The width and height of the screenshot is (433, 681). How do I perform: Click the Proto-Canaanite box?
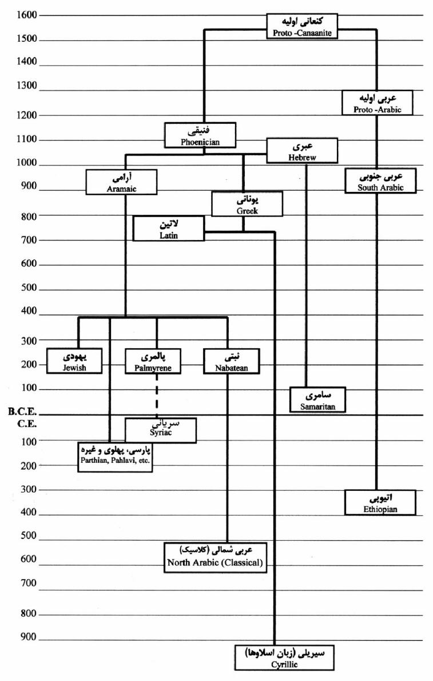pyautogui.click(x=302, y=26)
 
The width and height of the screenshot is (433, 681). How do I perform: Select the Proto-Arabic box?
pyautogui.click(x=377, y=103)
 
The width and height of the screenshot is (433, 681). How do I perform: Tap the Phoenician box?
pyautogui.click(x=200, y=135)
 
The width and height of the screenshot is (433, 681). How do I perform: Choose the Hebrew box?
pyautogui.click(x=302, y=151)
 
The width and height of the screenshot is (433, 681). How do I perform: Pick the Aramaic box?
pyautogui.click(x=121, y=182)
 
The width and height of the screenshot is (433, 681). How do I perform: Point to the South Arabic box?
pyautogui.click(x=380, y=180)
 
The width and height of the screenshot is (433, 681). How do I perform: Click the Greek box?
pyautogui.click(x=247, y=204)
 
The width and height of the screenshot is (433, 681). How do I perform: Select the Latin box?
pyautogui.click(x=168, y=229)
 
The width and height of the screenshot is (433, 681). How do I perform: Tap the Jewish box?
pyautogui.click(x=74, y=361)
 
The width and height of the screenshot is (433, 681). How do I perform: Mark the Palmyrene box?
pyautogui.click(x=153, y=361)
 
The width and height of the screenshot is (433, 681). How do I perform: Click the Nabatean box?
pyautogui.click(x=232, y=361)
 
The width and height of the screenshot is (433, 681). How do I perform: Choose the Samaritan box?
pyautogui.click(x=318, y=400)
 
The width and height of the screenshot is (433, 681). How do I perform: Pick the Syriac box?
pyautogui.click(x=161, y=430)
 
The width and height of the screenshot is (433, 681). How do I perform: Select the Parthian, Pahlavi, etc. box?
pyautogui.click(x=115, y=457)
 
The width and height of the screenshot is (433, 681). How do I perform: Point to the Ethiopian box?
pyautogui.click(x=380, y=502)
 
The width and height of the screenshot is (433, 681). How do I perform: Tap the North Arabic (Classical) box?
pyautogui.click(x=215, y=557)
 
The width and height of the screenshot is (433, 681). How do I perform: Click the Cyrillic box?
pyautogui.click(x=285, y=658)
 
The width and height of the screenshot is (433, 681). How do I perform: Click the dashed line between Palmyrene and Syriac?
pyautogui.click(x=157, y=396)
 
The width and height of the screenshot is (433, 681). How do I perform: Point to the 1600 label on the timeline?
pyautogui.click(x=27, y=15)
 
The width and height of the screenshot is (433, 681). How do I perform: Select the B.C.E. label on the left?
pyautogui.click(x=22, y=411)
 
